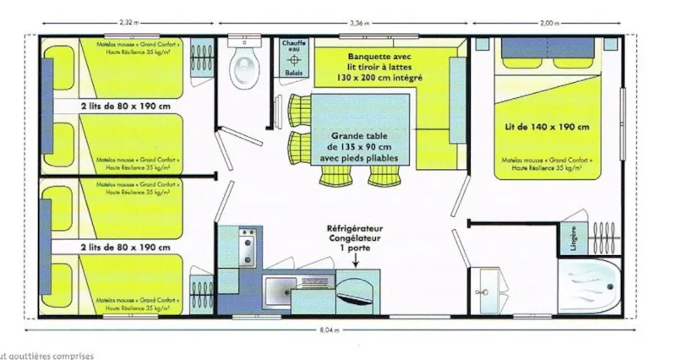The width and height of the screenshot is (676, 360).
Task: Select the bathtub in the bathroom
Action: (x=589, y=286)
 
